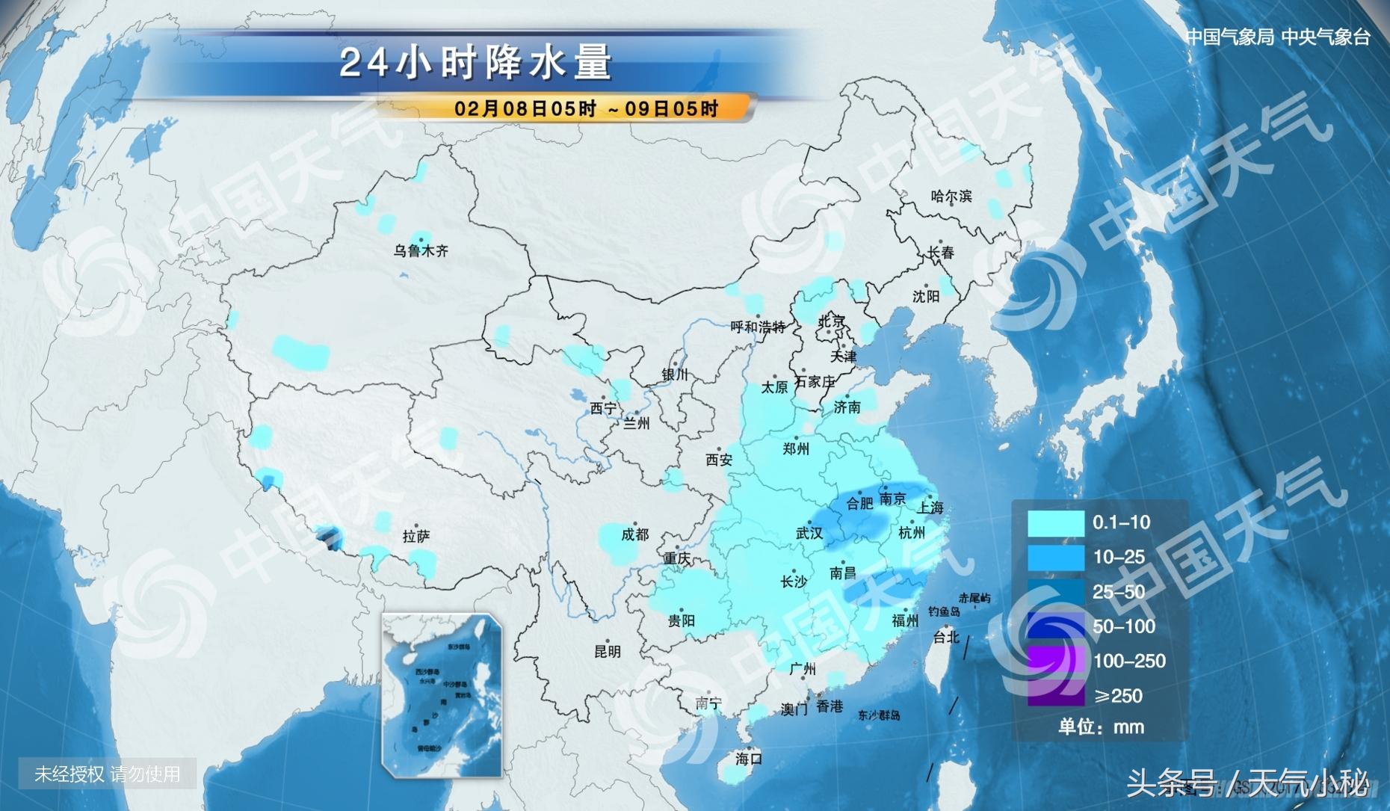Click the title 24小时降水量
(476, 62)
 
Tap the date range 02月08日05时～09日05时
(586, 108)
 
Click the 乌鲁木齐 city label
(421, 251)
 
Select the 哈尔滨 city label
(951, 196)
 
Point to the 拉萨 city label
(416, 536)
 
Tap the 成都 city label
(634, 534)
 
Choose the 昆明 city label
(607, 651)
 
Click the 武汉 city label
(809, 533)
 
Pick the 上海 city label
(930, 507)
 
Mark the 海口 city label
(748, 759)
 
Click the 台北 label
(945, 637)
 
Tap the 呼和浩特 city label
(758, 327)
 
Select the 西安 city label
(719, 460)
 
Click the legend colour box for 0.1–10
(1055, 523)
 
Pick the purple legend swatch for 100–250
(1055, 661)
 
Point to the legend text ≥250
(1118, 696)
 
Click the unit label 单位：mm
(1101, 727)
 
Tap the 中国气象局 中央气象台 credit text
(1278, 37)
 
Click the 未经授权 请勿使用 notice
(107, 774)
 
